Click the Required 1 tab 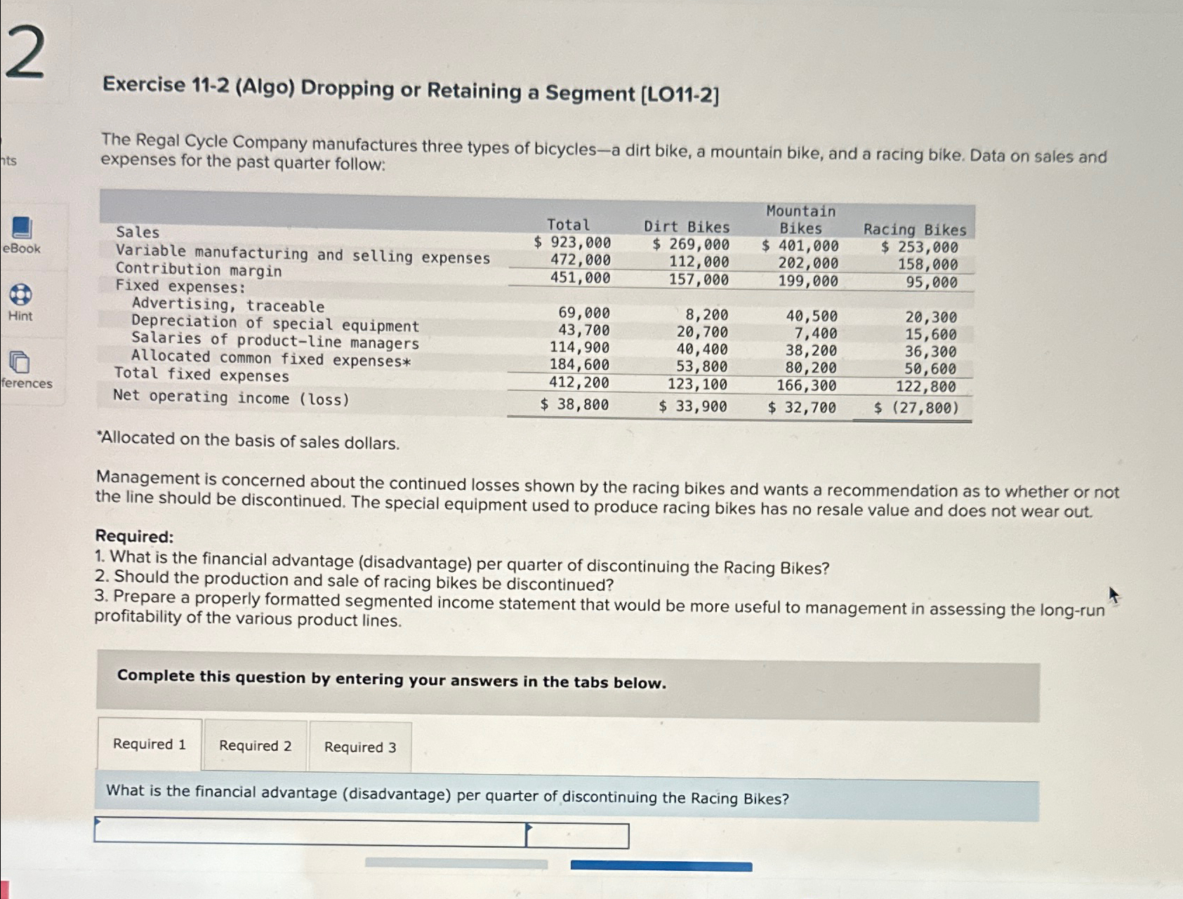click(150, 745)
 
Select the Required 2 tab click(255, 746)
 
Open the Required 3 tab click(360, 747)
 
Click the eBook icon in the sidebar click(22, 228)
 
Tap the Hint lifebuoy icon click(20, 295)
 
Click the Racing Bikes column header click(914, 229)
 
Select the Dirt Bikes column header click(687, 227)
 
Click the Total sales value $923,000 click(572, 243)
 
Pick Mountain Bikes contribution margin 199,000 click(807, 281)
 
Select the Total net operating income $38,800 click(574, 404)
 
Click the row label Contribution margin click(199, 270)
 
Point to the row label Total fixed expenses click(201, 375)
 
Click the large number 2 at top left click(25, 53)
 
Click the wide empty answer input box click(310, 832)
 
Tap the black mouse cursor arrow click(1113, 595)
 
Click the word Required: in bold click(134, 536)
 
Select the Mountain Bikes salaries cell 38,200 click(811, 350)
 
